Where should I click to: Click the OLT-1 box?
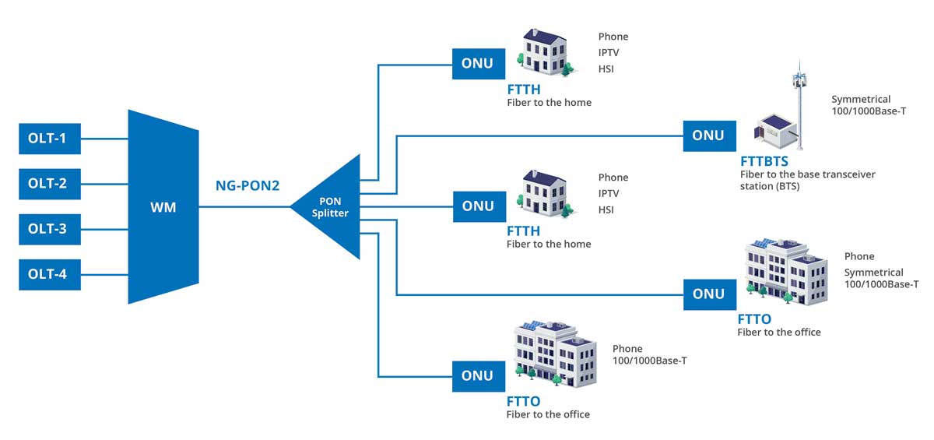pos(49,139)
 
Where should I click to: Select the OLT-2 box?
pos(49,184)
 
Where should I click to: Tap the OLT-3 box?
pos(49,229)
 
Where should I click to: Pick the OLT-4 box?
pos(49,274)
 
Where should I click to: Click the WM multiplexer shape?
pos(163,207)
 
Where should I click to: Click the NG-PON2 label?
pos(248,186)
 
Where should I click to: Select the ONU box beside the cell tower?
pos(708,136)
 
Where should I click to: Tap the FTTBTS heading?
pos(764,161)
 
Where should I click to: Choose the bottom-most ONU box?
pos(478,375)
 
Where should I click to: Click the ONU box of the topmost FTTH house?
pos(478,63)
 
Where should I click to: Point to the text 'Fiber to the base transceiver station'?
pos(807,180)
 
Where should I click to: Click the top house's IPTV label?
pos(609,53)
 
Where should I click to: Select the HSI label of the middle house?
pos(606,210)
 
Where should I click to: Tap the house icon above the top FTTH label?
pos(548,53)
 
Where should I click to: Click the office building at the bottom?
pos(554,353)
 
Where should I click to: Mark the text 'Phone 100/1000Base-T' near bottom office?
pos(649,354)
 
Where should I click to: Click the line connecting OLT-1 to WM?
pos(104,139)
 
